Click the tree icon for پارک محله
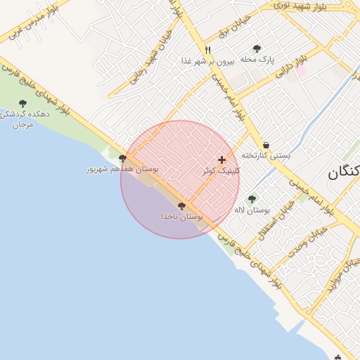click(257, 49)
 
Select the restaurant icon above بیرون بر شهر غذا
click(207, 50)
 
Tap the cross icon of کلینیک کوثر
click(222, 160)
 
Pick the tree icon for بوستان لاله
click(252, 199)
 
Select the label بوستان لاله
click(254, 210)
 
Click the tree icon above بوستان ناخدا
click(182, 206)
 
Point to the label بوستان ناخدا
click(182, 217)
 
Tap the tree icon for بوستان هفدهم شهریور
click(123, 158)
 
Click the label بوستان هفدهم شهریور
click(123, 169)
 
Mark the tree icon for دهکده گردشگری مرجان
click(22, 103)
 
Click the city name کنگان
click(344, 172)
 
